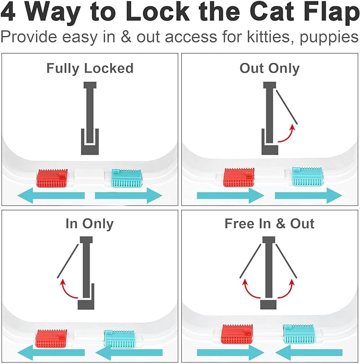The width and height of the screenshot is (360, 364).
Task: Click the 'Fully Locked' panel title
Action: [x=90, y=68]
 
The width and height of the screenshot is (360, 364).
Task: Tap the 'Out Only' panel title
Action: [x=269, y=68]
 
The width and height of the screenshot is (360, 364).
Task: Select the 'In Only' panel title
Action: [x=90, y=224]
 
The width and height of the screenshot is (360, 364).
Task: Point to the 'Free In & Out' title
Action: [x=269, y=224]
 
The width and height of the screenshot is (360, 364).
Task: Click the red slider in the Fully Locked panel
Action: [x=52, y=179]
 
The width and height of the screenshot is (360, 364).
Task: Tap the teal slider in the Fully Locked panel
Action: [x=126, y=178]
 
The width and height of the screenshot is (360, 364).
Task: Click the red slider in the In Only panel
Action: [x=51, y=337]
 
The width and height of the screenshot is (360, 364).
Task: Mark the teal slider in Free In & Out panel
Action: [x=298, y=333]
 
